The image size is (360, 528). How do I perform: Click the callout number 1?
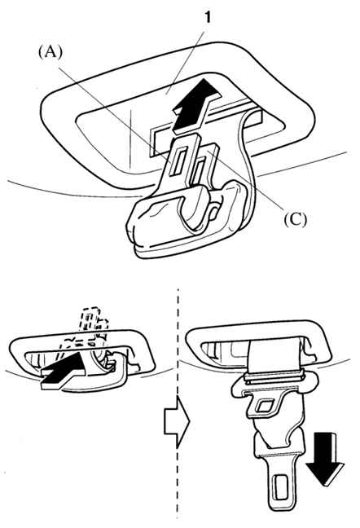click(x=207, y=16)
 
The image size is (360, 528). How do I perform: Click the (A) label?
click(x=50, y=52)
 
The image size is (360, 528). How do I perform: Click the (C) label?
click(x=295, y=219)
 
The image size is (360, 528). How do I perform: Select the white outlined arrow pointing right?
click(x=177, y=421)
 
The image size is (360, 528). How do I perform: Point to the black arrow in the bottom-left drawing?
click(x=64, y=372)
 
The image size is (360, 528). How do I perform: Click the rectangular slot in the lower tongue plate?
click(x=280, y=486)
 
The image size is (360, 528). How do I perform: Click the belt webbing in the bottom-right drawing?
click(x=274, y=357)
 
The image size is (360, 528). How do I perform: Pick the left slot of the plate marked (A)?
click(x=178, y=162)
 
